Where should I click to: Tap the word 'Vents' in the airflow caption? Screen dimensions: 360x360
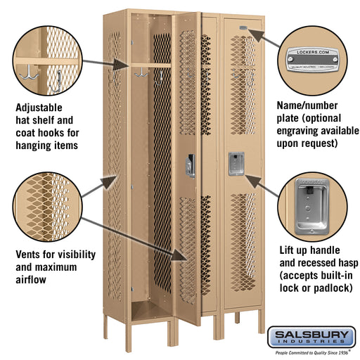pos(30,254)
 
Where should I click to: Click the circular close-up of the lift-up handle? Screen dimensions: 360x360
pos(314,205)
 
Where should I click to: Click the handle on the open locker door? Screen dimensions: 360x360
pos(190,165)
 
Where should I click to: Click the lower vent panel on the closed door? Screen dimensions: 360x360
pos(243,243)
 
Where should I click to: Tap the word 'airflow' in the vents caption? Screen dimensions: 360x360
pos(32,279)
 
